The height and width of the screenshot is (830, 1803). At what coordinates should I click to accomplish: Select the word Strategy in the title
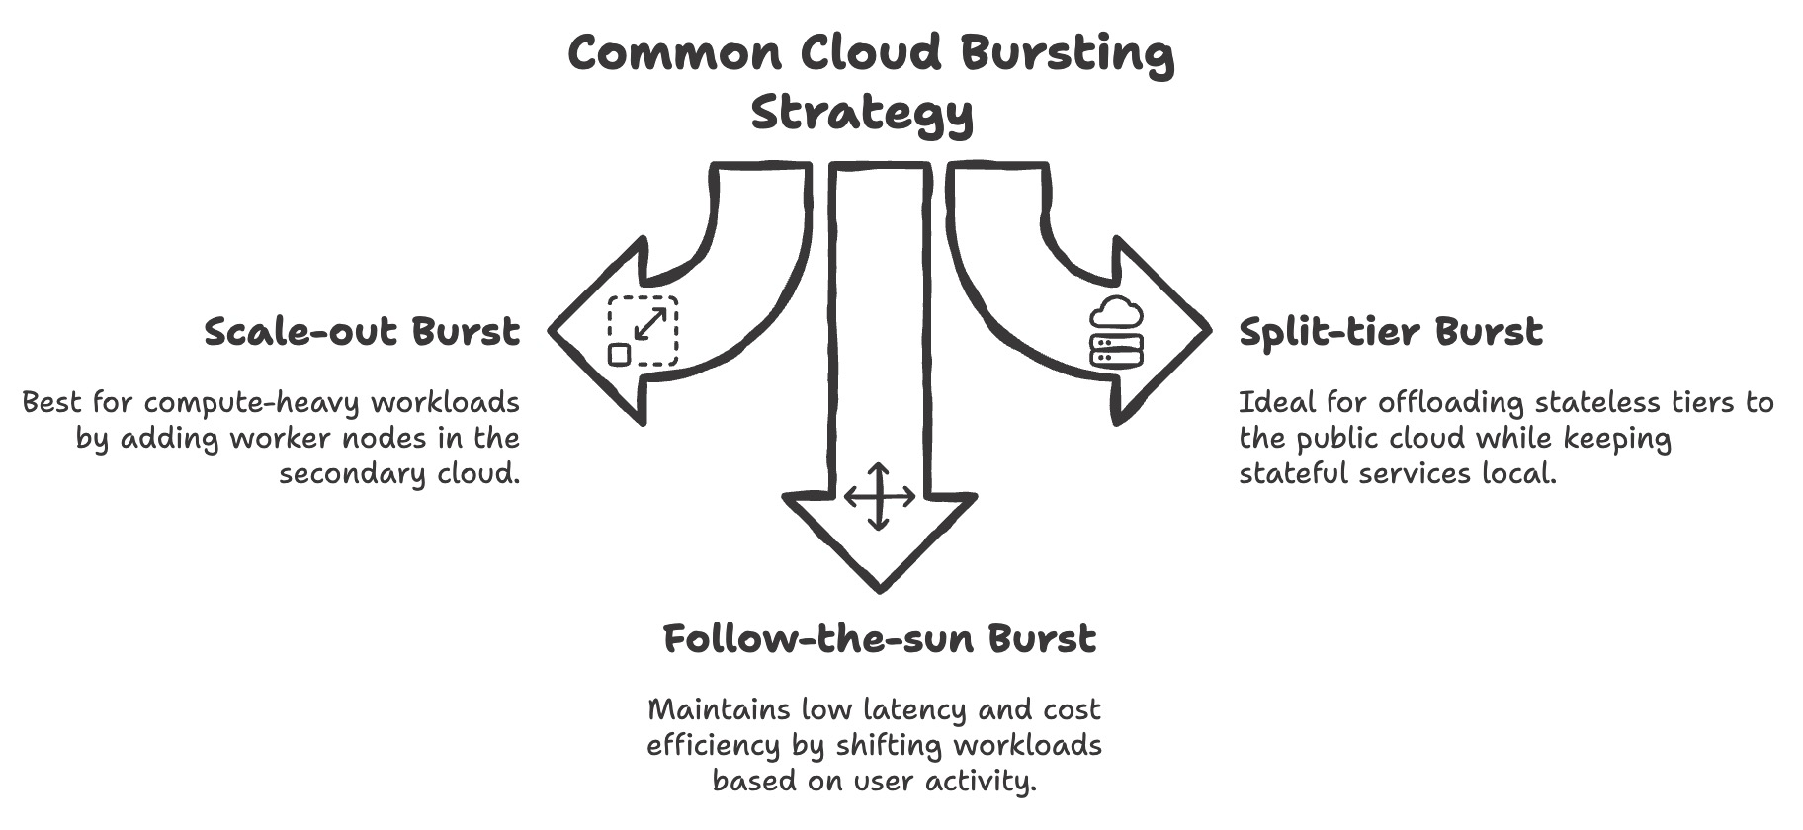(x=862, y=114)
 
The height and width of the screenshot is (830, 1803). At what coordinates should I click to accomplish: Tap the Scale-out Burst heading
(x=361, y=332)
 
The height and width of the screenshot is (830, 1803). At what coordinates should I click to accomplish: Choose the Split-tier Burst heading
(x=1390, y=332)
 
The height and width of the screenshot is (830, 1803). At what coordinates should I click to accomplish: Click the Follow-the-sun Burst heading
(x=879, y=639)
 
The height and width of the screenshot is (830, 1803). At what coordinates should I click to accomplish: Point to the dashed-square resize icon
(x=643, y=331)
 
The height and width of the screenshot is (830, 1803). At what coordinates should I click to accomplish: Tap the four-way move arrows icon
(x=879, y=497)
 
